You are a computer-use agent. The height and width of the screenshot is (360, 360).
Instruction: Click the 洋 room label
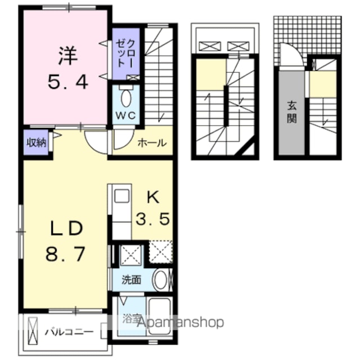[x=67, y=55]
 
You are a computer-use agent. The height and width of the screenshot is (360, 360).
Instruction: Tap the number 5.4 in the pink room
[x=67, y=83]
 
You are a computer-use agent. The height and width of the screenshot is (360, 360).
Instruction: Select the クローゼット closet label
[x=125, y=53]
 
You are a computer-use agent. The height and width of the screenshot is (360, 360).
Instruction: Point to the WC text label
[x=125, y=115]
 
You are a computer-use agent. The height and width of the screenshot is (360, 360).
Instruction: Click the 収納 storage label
[x=37, y=142]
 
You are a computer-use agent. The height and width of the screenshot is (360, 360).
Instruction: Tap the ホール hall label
[x=152, y=143]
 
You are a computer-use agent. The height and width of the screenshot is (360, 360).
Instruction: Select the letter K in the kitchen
[x=153, y=197]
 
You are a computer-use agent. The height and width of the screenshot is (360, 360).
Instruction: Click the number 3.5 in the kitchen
[x=152, y=219]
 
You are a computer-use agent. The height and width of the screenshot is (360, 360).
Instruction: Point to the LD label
[x=66, y=228]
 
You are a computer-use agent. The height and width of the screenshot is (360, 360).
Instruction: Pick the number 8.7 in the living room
[x=65, y=254]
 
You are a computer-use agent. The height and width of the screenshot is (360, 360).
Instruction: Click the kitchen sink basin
[x=121, y=196]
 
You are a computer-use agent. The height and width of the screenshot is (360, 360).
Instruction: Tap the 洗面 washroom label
[x=131, y=280]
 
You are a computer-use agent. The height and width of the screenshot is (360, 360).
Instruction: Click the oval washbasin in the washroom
[x=161, y=280]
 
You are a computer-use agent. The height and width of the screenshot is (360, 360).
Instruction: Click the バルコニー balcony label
[x=69, y=332]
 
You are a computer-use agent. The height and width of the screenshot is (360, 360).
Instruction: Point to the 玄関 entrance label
[x=292, y=112]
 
